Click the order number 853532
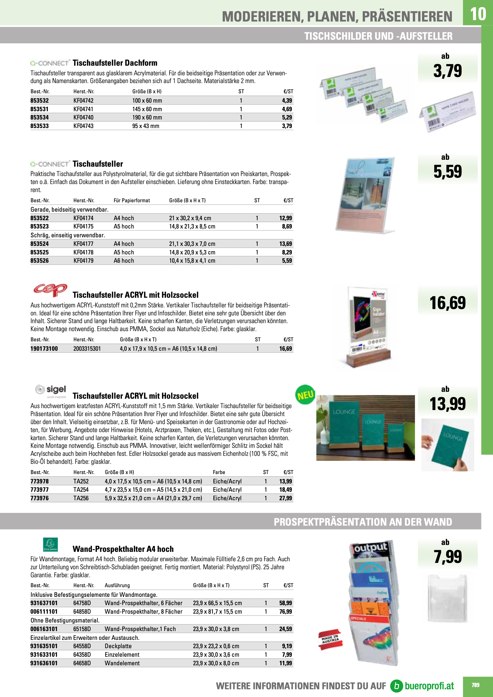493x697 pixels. click(39, 100)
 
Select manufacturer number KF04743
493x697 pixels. click(83, 126)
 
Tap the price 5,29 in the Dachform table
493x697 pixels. click(287, 118)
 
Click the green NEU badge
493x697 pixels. click(305, 395)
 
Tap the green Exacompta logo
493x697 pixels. click(50, 545)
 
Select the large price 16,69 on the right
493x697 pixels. click(447, 303)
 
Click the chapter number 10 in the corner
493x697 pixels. click(478, 14)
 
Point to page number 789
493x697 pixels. click(475, 685)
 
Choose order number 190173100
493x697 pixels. click(44, 348)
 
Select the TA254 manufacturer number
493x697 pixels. click(81, 490)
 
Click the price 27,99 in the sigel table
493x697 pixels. click(285, 498)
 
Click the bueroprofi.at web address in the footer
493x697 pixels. click(429, 686)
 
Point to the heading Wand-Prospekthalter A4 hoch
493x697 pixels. click(123, 549)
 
